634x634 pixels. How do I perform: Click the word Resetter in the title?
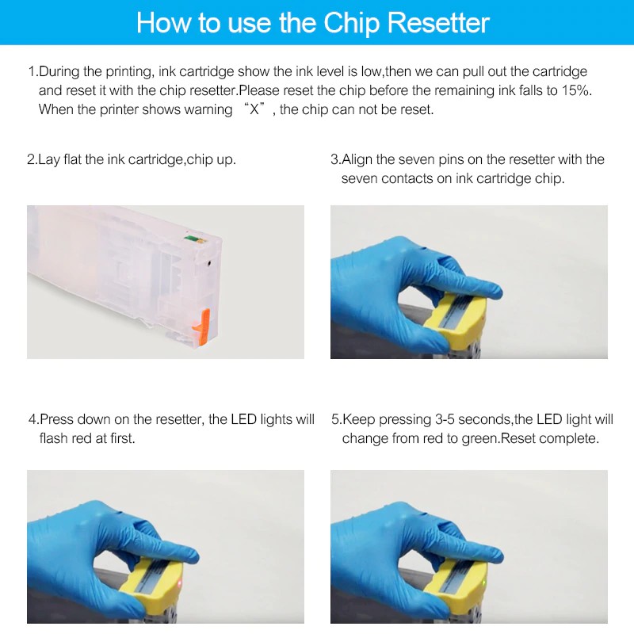[x=438, y=23]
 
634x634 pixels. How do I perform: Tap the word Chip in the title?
[x=351, y=24]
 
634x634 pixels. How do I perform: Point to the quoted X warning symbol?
[x=254, y=109]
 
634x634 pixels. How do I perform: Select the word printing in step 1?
[x=130, y=71]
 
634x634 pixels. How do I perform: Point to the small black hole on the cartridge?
[x=209, y=263]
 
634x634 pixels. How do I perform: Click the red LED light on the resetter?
[x=180, y=583]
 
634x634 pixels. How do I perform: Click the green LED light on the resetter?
[x=483, y=582]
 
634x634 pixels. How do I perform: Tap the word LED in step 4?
[x=244, y=419]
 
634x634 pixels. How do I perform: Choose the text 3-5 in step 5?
[x=445, y=419]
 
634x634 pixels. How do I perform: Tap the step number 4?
[x=32, y=419]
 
